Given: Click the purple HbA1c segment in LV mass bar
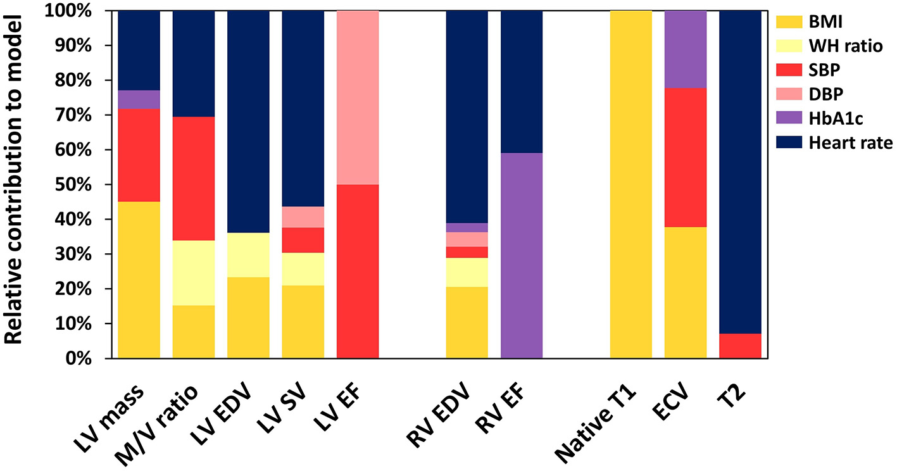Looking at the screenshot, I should tap(139, 99).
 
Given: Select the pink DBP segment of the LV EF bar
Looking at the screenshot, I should tap(358, 97).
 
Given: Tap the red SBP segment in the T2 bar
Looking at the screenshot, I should tap(740, 346).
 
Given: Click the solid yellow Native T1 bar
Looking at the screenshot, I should tap(630, 184).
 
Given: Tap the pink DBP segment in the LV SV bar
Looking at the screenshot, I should tap(303, 217).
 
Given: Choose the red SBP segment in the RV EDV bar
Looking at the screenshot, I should tap(467, 252).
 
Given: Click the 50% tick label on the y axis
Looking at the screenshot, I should tap(84, 185).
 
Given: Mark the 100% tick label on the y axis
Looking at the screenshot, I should tap(78, 11).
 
